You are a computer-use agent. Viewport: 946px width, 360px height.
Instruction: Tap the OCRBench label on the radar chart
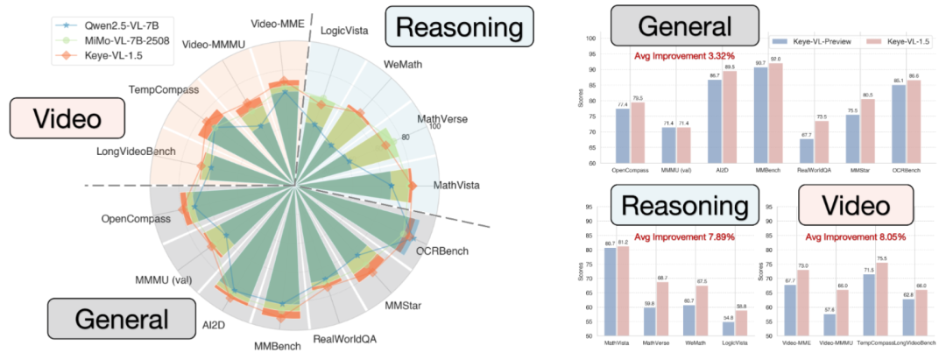pos(441,252)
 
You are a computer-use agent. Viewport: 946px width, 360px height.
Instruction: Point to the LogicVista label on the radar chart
pos(343,32)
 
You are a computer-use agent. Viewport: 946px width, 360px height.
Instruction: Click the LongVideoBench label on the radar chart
pos(133,152)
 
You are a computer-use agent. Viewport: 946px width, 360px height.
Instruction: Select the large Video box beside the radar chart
pos(53,118)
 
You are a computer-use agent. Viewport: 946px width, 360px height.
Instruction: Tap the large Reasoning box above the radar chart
pos(458,27)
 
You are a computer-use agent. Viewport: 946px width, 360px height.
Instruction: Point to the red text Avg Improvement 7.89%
pos(685,236)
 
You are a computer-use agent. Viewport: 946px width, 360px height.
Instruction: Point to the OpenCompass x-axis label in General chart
pos(632,170)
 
